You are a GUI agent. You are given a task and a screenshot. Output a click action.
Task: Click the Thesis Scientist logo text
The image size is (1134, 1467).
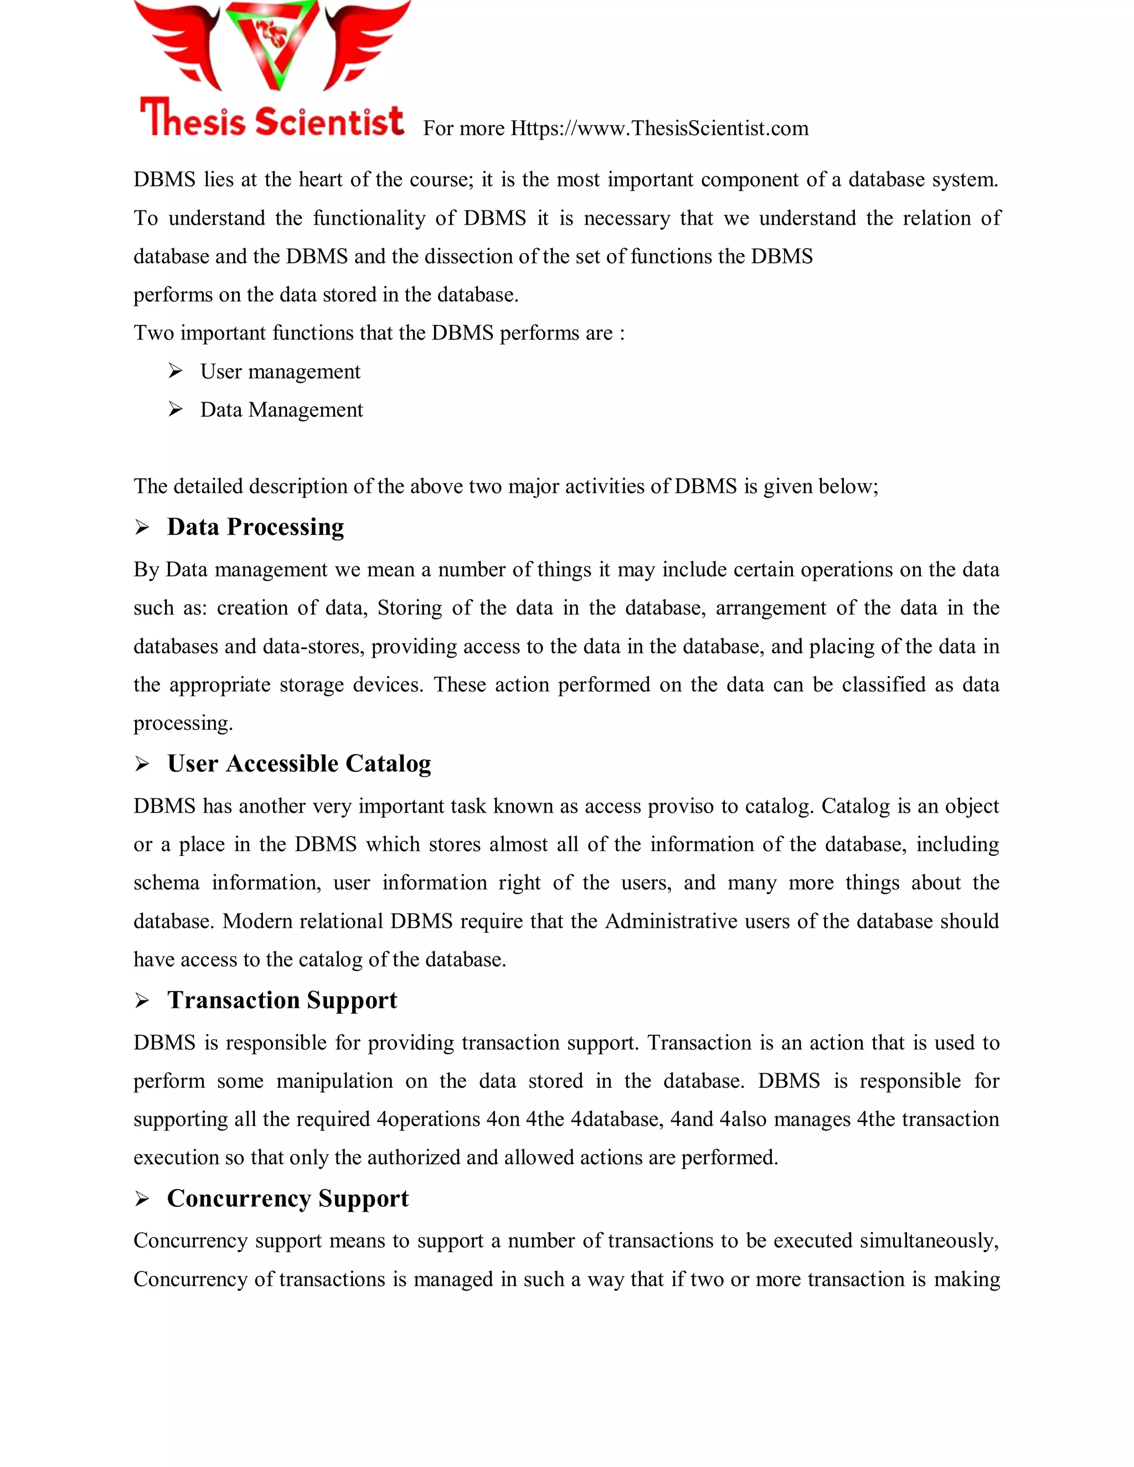pyautogui.click(x=272, y=119)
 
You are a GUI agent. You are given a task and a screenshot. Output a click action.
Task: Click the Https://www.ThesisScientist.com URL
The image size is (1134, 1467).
pyautogui.click(x=659, y=128)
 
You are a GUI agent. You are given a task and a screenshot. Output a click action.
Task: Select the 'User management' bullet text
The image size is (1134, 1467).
pyautogui.click(x=280, y=371)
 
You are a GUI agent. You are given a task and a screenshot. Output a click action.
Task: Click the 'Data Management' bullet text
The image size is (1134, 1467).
pyautogui.click(x=281, y=410)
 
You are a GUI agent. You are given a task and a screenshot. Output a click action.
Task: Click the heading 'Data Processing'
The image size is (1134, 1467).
pyautogui.click(x=255, y=526)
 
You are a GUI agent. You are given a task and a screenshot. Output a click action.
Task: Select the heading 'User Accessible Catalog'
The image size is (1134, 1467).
pyautogui.click(x=299, y=764)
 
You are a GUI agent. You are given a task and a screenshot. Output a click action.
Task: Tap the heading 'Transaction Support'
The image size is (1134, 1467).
pyautogui.click(x=282, y=1000)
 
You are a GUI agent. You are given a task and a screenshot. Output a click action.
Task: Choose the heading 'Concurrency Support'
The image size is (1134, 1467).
pyautogui.click(x=287, y=1199)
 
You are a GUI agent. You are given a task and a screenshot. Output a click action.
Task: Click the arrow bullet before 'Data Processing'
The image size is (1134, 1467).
pyautogui.click(x=142, y=528)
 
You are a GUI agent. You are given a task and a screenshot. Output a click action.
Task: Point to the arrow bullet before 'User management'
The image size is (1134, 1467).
pyautogui.click(x=176, y=371)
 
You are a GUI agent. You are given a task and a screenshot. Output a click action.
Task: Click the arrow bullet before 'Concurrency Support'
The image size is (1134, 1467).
pyautogui.click(x=142, y=1200)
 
